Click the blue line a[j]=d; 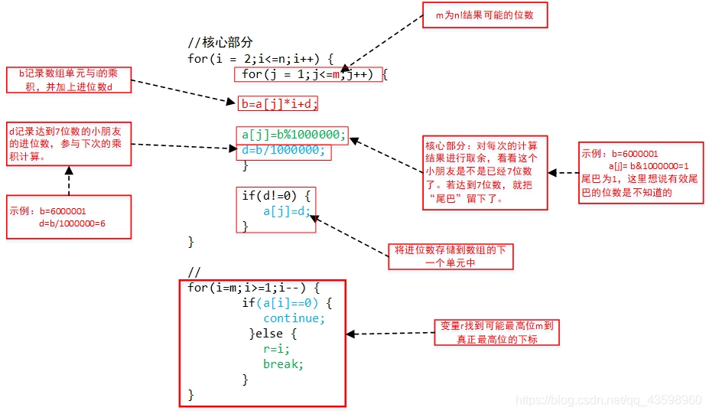coord(287,211)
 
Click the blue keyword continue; coord(294,318)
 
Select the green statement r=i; coord(276,349)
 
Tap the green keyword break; coord(283,364)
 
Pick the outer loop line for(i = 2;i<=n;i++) coord(260,58)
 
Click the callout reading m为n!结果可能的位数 coord(485,15)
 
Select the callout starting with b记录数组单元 coord(67,80)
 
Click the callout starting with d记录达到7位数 coord(67,143)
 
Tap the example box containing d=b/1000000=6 coord(67,217)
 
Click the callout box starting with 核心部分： coord(485,173)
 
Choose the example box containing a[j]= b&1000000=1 coord(640,173)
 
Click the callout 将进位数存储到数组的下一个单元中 coord(450,256)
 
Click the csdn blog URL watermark coord(608,400)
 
